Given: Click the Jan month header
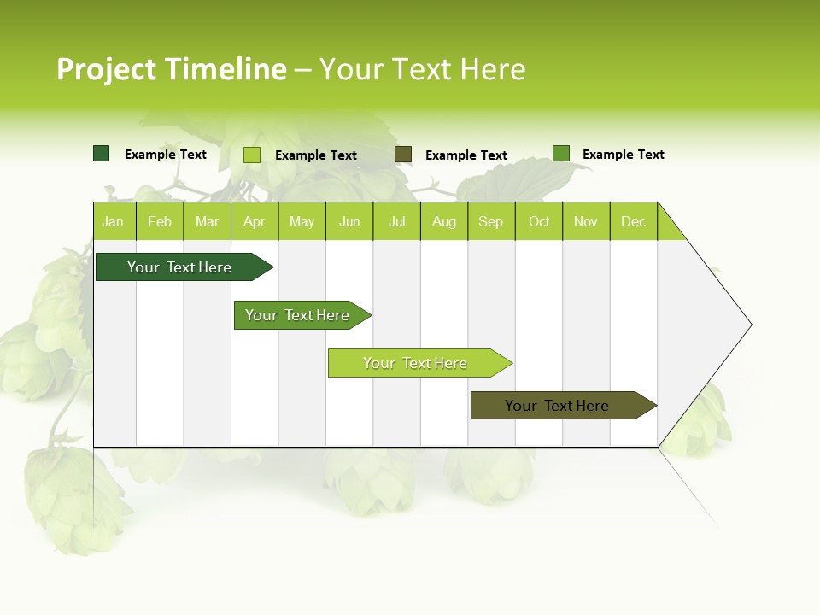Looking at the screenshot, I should point(113,221).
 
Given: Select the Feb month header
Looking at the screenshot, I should point(160,221).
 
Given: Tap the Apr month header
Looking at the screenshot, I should point(254,221).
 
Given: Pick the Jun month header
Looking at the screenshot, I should point(349,221).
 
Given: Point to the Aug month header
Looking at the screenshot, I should point(443,221).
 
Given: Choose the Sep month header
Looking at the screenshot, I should point(490,221).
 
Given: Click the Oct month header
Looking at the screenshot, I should point(539,221).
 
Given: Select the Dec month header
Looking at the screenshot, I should point(633,221).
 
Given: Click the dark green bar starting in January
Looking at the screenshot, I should point(179,267).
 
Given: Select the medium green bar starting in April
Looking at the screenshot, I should point(297,315).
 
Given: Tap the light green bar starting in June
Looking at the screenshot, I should point(415,363).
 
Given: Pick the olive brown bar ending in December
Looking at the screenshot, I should point(557,406).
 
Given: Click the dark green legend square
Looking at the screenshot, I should point(102,154).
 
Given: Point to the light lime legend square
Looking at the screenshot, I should point(252,155).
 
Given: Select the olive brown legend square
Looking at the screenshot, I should point(403,154).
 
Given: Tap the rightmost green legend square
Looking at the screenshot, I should point(561,154).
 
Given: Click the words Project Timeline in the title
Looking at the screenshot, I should point(171,69).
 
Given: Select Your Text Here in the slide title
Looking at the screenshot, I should point(422,69).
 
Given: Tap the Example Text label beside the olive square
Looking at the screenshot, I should point(466,155).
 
